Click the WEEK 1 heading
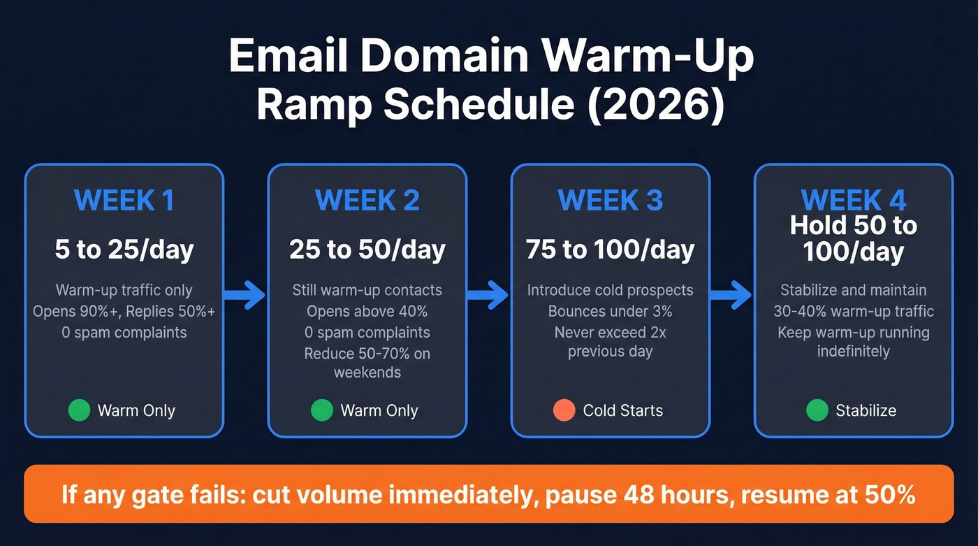pos(124,201)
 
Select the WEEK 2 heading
pos(367,201)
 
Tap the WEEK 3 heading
pos(610,201)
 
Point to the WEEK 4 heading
pos(853,201)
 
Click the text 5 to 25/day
pos(124,250)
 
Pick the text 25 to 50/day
pos(367,250)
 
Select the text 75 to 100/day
pos(610,250)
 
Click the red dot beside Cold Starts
pos(564,410)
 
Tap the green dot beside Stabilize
pos(817,410)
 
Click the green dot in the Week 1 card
pos(79,410)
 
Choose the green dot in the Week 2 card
pos(321,410)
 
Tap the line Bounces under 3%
pos(610,311)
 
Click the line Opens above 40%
pos(367,311)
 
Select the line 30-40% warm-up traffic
pos(853,311)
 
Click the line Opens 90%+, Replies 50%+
pos(124,311)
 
